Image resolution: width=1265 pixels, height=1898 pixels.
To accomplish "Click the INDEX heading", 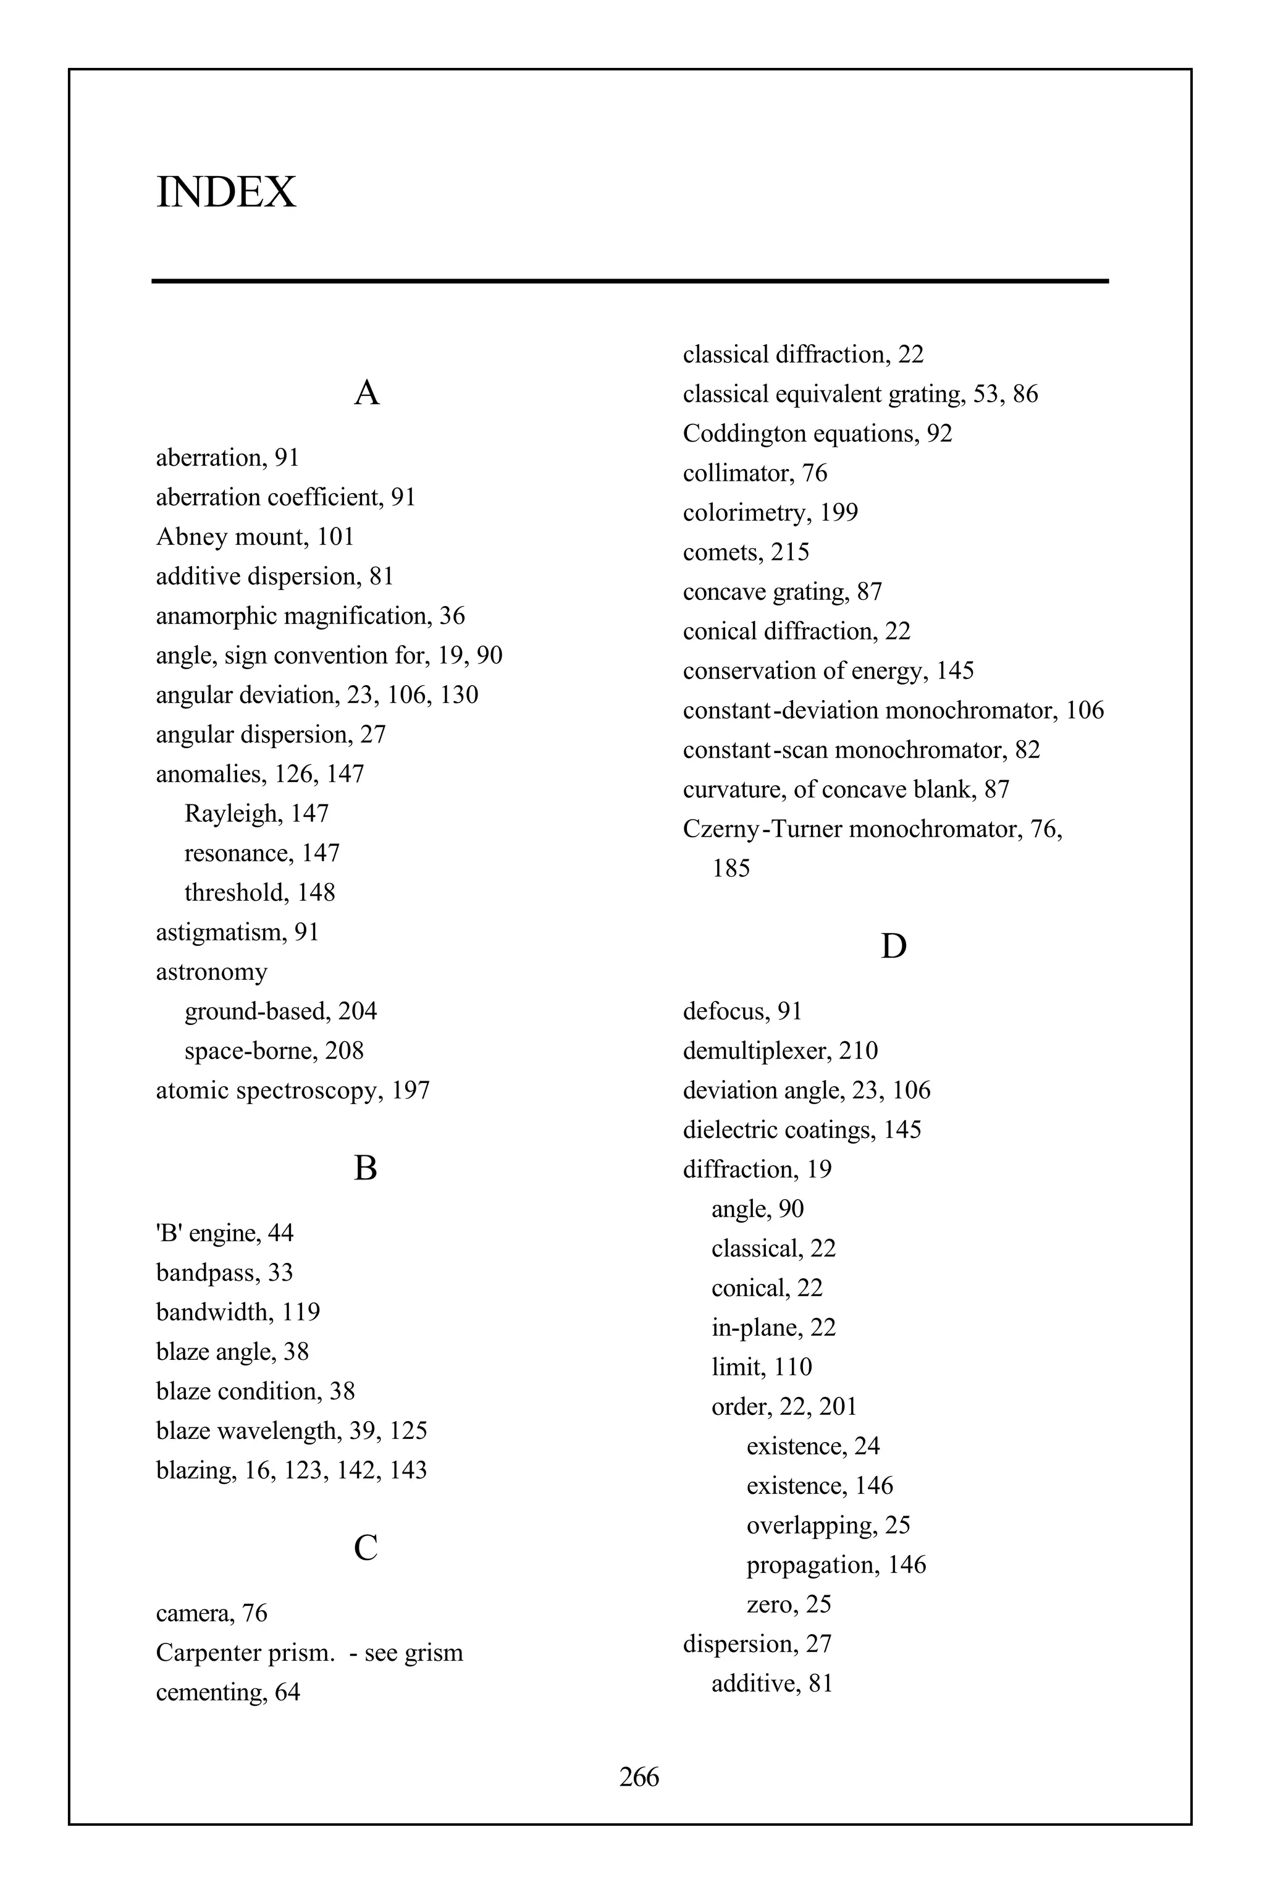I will pyautogui.click(x=226, y=192).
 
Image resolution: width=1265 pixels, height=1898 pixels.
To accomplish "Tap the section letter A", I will pyautogui.click(x=366, y=393).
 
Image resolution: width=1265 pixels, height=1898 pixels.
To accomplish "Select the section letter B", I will pyautogui.click(x=366, y=1168).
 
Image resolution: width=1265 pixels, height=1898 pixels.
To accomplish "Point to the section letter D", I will pyautogui.click(x=893, y=946).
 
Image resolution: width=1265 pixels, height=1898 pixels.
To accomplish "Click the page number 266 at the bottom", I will pyautogui.click(x=639, y=1777).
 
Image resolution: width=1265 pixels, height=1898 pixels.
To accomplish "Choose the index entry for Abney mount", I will pyautogui.click(x=255, y=537).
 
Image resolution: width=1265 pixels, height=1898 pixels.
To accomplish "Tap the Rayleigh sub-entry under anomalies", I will pyautogui.click(x=256, y=814).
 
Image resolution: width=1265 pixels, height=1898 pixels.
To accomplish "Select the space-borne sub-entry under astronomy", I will pyautogui.click(x=274, y=1051).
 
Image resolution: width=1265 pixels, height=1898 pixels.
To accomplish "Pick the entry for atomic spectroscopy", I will pyautogui.click(x=292, y=1090).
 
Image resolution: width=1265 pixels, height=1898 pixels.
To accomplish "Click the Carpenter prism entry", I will pyautogui.click(x=309, y=1652).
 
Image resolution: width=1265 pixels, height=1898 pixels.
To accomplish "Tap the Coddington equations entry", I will pyautogui.click(x=817, y=433).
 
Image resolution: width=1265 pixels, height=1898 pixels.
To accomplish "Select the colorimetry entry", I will pyautogui.click(x=770, y=512).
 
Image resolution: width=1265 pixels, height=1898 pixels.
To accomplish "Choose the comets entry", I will pyautogui.click(x=746, y=552).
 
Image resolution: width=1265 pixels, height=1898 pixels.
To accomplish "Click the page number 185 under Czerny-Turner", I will pyautogui.click(x=731, y=868).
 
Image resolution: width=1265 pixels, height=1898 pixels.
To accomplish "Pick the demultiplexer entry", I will pyautogui.click(x=780, y=1051).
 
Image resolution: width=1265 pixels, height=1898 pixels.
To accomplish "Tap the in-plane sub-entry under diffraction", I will pyautogui.click(x=773, y=1328).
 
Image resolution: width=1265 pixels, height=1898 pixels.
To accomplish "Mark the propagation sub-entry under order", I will pyautogui.click(x=836, y=1565).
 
